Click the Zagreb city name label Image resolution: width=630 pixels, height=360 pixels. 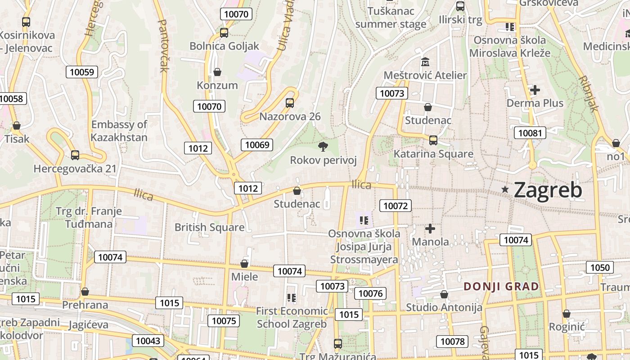pos(548,190)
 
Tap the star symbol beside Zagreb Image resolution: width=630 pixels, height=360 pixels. pos(505,190)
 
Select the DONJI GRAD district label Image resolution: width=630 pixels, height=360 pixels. pos(501,286)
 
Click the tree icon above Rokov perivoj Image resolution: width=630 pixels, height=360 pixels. pos(323,146)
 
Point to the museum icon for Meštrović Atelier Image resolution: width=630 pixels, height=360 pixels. pos(425,61)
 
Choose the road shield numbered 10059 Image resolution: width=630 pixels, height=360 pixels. pos(82,72)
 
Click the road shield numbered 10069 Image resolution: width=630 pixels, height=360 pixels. pos(257,144)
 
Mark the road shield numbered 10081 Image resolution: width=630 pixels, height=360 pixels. pos(530,133)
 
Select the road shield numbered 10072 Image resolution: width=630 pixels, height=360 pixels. pos(396,206)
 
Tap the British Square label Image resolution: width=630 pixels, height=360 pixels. pos(210,227)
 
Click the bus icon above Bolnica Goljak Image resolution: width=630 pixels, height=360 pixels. pos(224,32)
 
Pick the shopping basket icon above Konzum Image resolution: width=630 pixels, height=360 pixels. pos(217,72)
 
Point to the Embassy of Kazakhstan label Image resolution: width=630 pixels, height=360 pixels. pos(119,131)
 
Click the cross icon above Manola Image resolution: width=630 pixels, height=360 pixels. pos(430,229)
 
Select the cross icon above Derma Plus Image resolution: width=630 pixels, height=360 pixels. pos(535,90)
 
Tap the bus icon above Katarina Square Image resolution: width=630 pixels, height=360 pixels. pos(433,140)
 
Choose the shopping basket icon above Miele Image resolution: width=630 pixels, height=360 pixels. pos(244,263)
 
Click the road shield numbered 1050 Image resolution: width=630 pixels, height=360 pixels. pos(600,267)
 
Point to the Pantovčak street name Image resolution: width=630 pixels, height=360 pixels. pos(163,45)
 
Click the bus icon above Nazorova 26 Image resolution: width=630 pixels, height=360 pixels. pos(290,103)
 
